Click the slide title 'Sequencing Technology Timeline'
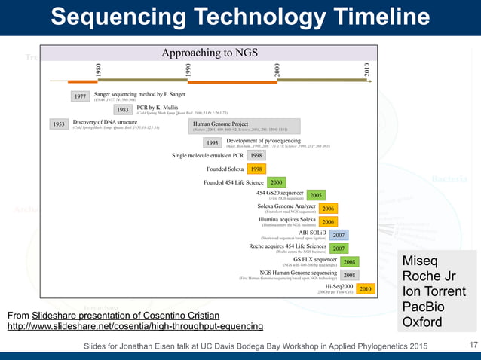pyautogui.click(x=240, y=17)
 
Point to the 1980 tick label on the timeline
pyautogui.click(x=98, y=72)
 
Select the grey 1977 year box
pyautogui.click(x=81, y=96)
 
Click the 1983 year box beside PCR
pyautogui.click(x=121, y=110)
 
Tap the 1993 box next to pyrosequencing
pyautogui.click(x=212, y=142)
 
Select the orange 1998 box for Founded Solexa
pyautogui.click(x=256, y=169)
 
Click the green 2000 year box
pyautogui.click(x=277, y=182)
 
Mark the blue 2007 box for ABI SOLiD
pyautogui.click(x=339, y=236)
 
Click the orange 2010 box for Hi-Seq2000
pyautogui.click(x=365, y=288)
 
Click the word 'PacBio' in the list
pyautogui.click(x=424, y=308)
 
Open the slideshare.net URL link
pyautogui.click(x=135, y=326)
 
